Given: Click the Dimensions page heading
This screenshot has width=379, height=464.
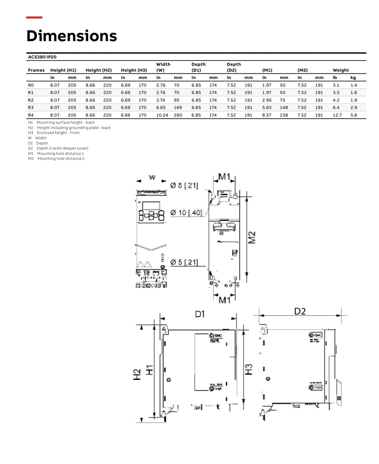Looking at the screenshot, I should coord(71,36).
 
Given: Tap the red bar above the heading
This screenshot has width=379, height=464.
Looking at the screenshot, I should coord(34,17).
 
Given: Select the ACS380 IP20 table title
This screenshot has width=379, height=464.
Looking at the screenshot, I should coord(42,57).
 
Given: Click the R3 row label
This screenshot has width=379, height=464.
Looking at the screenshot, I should coord(31,107).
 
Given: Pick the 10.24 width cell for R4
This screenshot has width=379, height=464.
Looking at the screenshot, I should coord(162,115).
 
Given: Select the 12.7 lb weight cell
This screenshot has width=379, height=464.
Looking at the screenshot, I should coord(337,115).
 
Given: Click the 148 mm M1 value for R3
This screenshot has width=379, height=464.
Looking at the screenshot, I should coord(284,107).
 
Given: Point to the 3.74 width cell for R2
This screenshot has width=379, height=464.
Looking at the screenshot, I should coord(161,100).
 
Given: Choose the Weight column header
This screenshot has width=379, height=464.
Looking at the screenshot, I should coord(341,70).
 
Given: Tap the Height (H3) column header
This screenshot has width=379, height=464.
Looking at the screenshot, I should coord(134,70).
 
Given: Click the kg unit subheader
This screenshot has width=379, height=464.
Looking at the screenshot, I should coord(353,78).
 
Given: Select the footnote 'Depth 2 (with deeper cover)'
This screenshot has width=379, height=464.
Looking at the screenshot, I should coord(62,148).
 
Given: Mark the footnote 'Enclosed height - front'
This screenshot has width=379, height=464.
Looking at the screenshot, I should coord(58,133).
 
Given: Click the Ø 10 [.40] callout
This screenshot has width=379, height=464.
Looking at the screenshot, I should coord(186,213).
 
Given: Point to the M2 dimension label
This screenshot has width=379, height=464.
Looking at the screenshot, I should coord(251,238).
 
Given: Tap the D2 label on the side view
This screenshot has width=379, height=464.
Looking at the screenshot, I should coord(300,311).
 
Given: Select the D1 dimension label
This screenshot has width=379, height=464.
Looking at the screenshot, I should coord(200,314).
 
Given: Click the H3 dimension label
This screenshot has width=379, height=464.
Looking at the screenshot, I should coord(249,369).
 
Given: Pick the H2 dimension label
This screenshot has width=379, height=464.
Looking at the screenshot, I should coord(137,375).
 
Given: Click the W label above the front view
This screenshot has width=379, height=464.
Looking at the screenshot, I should coord(152,178).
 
